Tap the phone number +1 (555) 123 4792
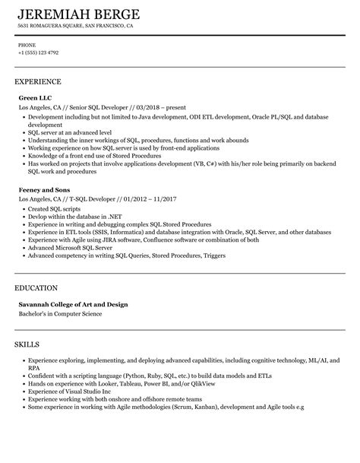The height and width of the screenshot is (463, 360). click(x=39, y=53)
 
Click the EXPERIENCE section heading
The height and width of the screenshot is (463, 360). click(x=38, y=81)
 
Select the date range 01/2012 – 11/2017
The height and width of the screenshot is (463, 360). click(x=131, y=184)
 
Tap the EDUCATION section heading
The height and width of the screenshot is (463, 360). click(x=36, y=288)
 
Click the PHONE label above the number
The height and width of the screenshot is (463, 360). click(x=27, y=45)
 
